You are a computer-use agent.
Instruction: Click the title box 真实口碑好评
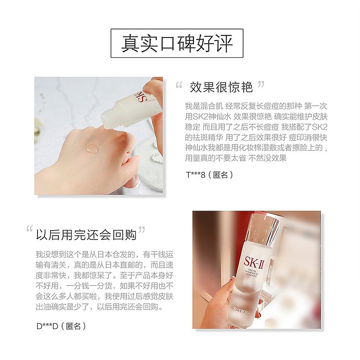[x=177, y=43]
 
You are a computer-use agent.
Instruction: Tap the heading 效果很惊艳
[x=221, y=87]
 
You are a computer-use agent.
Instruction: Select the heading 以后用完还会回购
[x=86, y=234]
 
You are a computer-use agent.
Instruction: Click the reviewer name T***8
[x=195, y=175]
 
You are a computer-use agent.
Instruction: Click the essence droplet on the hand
[x=92, y=148]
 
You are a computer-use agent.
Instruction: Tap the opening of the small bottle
[x=106, y=120]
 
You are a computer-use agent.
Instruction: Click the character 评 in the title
[x=223, y=43]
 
